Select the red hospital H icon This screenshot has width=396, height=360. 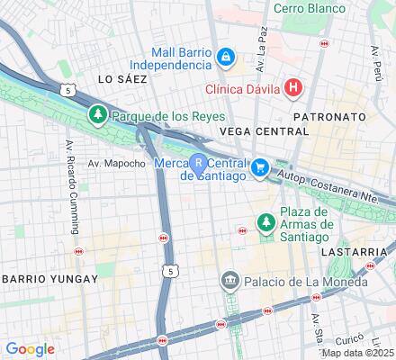coord(292,87)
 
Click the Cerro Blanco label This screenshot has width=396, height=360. coord(310,8)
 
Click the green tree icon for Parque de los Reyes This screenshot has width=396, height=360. coord(97,115)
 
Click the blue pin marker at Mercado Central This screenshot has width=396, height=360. coord(198,163)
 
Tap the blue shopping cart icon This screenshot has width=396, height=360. coord(259,166)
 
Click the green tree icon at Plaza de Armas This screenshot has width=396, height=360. coord(265,221)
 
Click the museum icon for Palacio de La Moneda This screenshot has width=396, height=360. coord(230,282)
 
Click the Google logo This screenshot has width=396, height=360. coord(30,349)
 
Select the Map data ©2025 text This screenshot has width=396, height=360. coord(359,353)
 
